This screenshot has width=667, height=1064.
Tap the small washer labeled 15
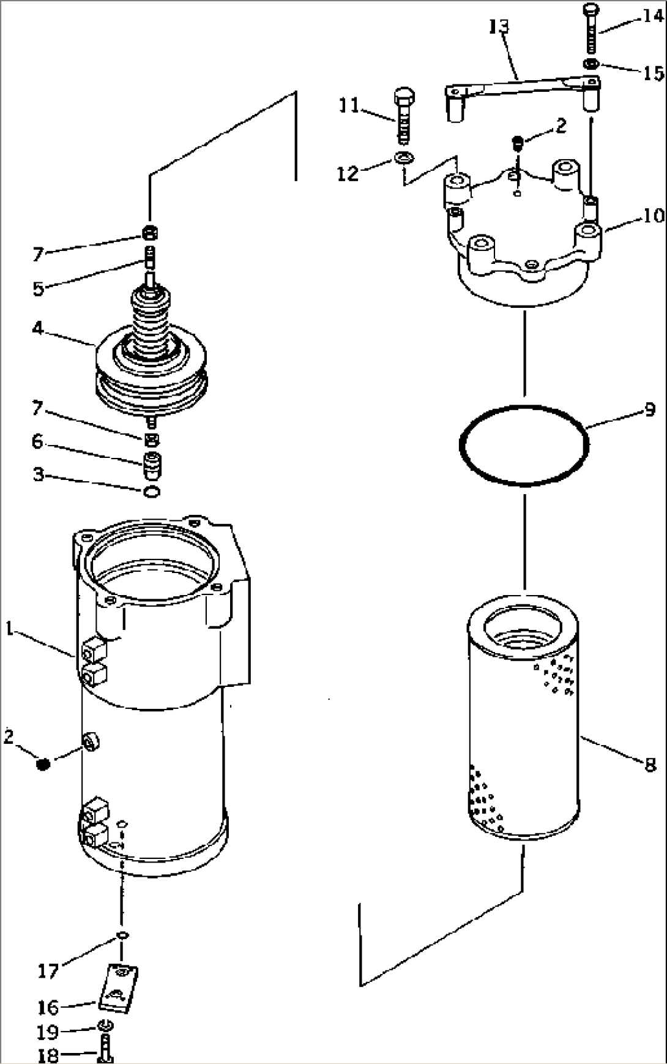tap(592, 64)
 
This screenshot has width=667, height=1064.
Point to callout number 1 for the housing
tap(9, 627)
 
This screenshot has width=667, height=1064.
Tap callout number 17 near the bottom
tap(48, 970)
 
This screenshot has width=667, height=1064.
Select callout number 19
tap(48, 1032)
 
